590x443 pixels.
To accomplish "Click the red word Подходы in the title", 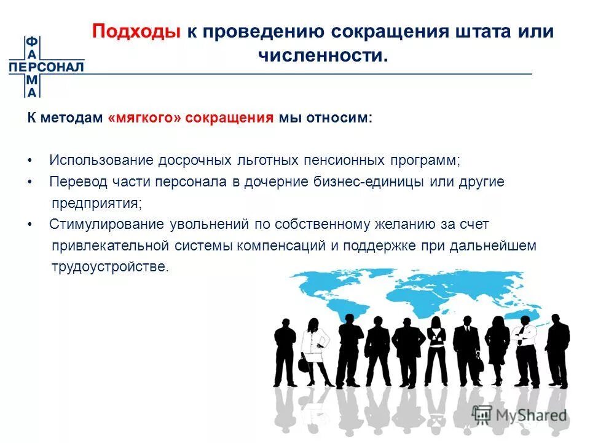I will pyautogui.click(x=136, y=32).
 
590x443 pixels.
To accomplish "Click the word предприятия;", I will pyautogui.click(x=96, y=202).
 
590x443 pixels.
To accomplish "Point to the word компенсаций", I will pyautogui.click(x=288, y=246).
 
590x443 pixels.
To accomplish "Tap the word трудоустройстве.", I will pyautogui.click(x=109, y=267).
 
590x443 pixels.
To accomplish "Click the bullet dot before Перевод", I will pyautogui.click(x=29, y=182).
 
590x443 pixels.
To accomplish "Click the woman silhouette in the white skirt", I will pyautogui.click(x=317, y=351).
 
